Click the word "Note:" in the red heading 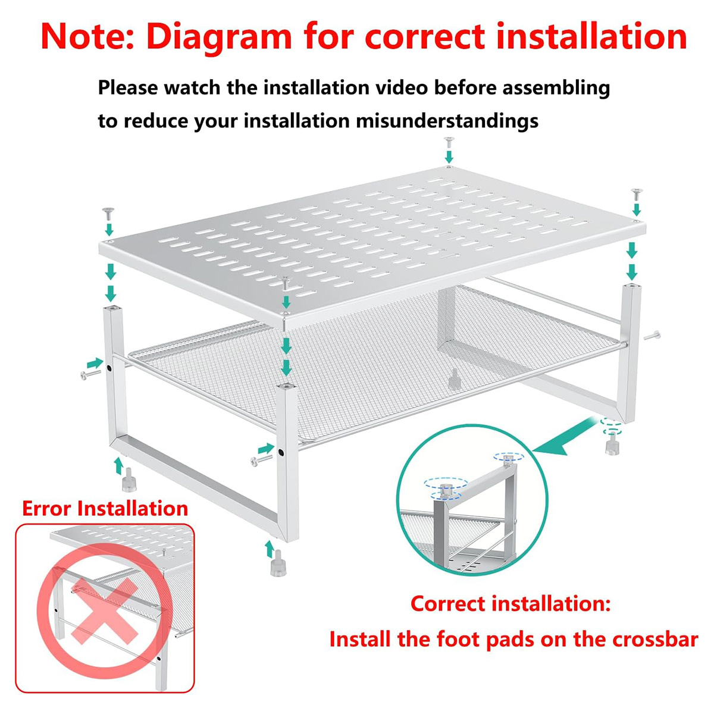[88, 37]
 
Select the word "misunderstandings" [447, 121]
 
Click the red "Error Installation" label [105, 508]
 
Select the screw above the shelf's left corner [108, 213]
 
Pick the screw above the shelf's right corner [637, 194]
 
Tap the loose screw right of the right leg [652, 336]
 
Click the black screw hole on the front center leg [281, 452]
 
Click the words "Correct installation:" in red [511, 604]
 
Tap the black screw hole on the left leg [109, 368]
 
